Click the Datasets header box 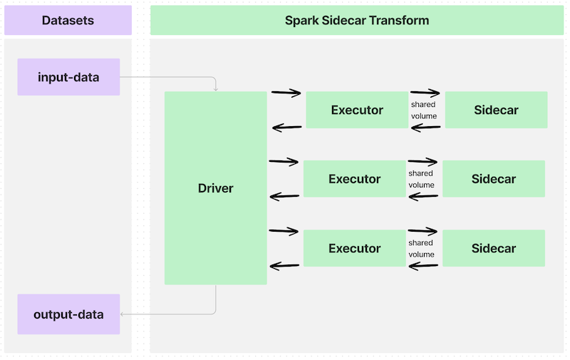pyautogui.click(x=68, y=21)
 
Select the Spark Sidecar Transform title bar pyautogui.click(x=357, y=21)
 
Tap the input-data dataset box pyautogui.click(x=68, y=77)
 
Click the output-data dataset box pyautogui.click(x=68, y=314)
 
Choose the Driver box pyautogui.click(x=215, y=188)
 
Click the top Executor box pyautogui.click(x=357, y=110)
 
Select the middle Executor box pyautogui.click(x=354, y=179)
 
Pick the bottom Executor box pyautogui.click(x=354, y=248)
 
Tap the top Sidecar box pyautogui.click(x=496, y=110)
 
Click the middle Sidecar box pyautogui.click(x=493, y=179)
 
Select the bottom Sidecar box pyautogui.click(x=493, y=248)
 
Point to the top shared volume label pyautogui.click(x=423, y=110)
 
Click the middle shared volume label pyautogui.click(x=420, y=179)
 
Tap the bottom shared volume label pyautogui.click(x=420, y=248)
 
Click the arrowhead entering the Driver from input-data pyautogui.click(x=216, y=88)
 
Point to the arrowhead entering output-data pyautogui.click(x=123, y=314)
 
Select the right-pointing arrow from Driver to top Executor pyautogui.click(x=286, y=93)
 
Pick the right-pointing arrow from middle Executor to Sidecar pyautogui.click(x=423, y=163)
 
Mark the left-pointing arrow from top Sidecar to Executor pyautogui.click(x=425, y=128)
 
